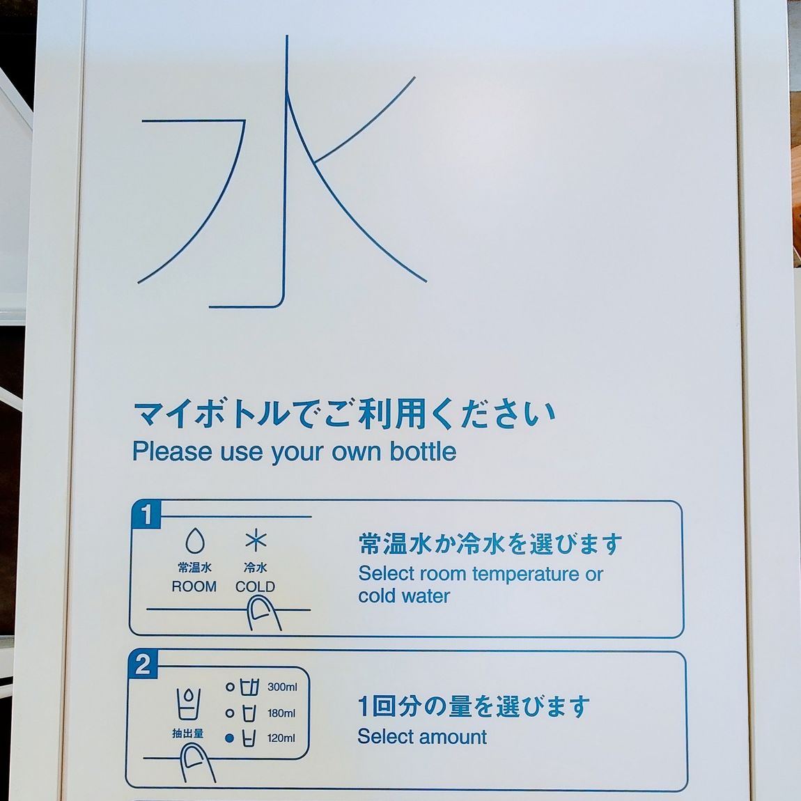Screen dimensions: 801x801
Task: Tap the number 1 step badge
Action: (x=146, y=515)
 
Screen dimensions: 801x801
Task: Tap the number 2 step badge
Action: (x=143, y=664)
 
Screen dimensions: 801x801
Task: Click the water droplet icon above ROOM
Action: (x=194, y=541)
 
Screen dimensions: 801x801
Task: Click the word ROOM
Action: (x=194, y=586)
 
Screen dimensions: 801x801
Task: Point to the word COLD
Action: (x=255, y=586)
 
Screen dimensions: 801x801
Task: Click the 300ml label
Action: (x=282, y=687)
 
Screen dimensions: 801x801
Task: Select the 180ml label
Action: (x=281, y=713)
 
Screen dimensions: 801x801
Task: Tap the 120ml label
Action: (x=281, y=738)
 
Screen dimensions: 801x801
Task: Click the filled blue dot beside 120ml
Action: (x=229, y=738)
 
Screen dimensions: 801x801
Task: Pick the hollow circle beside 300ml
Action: (x=230, y=687)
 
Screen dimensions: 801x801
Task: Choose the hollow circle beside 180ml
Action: (x=230, y=713)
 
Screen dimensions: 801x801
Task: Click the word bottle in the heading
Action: (x=423, y=451)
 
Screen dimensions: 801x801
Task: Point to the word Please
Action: (x=172, y=451)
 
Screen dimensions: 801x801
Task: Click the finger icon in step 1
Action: (x=263, y=614)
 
